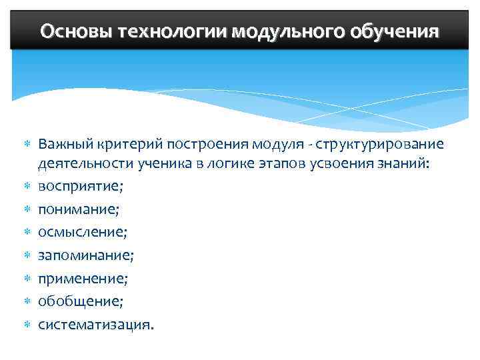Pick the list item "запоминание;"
[x=86, y=255]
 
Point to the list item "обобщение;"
[x=81, y=301]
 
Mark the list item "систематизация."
[x=95, y=324]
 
